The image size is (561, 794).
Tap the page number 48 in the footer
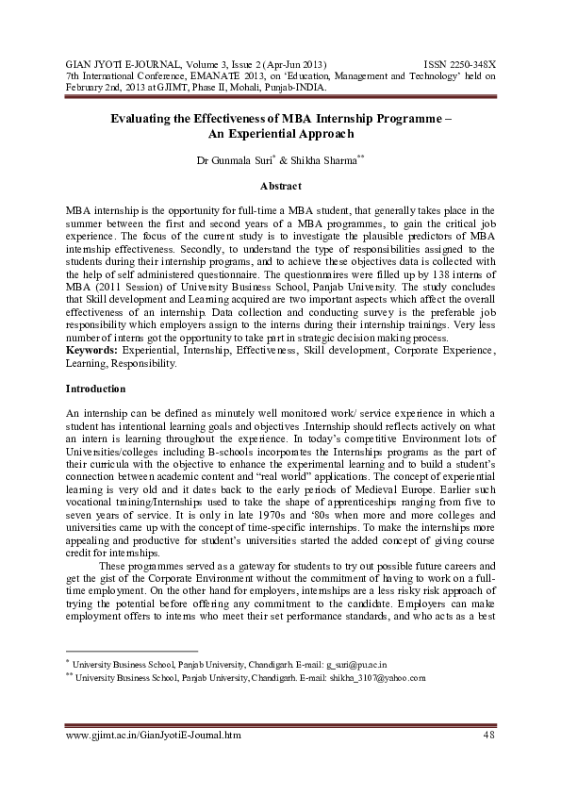tap(488, 734)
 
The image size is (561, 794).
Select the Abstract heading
tap(280, 186)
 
